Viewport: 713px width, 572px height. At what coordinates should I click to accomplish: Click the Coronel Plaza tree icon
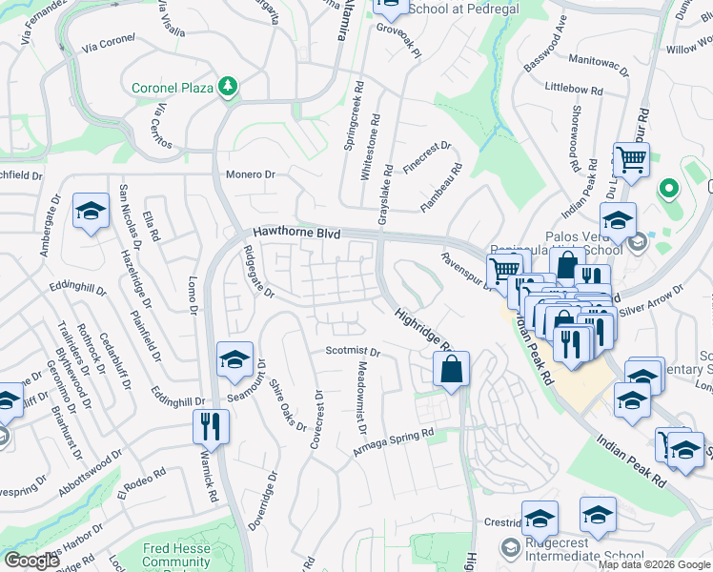pos(227,88)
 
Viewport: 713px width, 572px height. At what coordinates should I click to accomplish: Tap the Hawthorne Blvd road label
pos(296,233)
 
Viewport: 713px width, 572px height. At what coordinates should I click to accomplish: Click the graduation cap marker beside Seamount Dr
pos(234,359)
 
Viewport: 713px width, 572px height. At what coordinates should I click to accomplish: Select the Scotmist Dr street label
pos(352,352)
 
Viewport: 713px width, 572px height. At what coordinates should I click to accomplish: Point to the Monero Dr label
pos(250,174)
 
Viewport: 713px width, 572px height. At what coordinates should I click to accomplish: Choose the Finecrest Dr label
pos(426,151)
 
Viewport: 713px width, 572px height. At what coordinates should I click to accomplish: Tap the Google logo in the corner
pos(32,561)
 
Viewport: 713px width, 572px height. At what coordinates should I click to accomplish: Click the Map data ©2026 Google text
pos(654,564)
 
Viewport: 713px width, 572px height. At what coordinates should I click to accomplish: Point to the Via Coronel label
pos(110,44)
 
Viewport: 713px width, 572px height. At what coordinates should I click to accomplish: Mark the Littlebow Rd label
pos(575,88)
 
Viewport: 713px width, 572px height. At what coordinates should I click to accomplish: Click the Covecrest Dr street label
pos(316,419)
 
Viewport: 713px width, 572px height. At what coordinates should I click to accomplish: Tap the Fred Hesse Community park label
pos(176,555)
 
